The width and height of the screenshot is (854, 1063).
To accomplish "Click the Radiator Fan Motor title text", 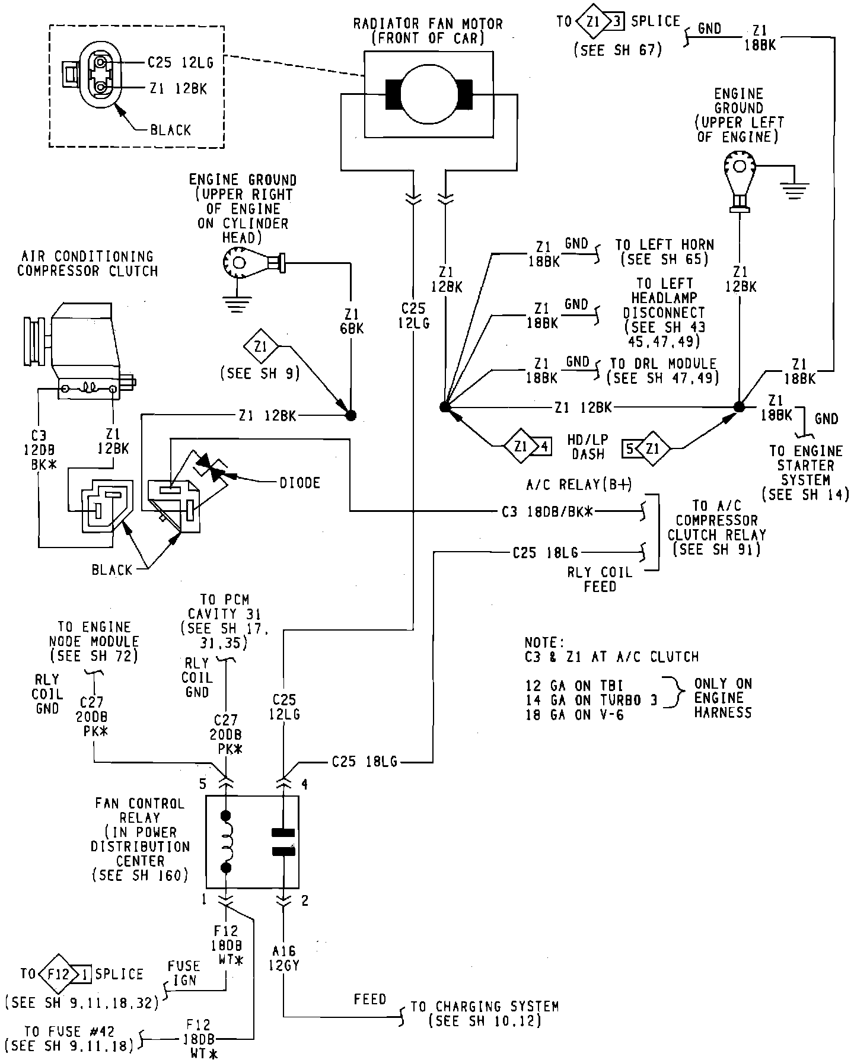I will pos(428,25).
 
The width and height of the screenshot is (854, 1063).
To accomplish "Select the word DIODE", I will pos(300,483).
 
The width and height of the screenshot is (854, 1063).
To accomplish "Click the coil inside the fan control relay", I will pos(226,842).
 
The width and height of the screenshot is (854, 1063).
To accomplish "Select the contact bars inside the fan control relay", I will pos(283,842).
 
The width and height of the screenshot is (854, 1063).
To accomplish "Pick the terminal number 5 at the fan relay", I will pos(203,784).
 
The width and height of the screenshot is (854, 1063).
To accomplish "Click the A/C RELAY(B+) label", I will pos(579,485).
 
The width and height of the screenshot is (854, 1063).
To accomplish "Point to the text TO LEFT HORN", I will pos(664,245).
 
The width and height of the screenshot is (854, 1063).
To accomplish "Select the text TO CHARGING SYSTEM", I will pos(485,1006).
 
